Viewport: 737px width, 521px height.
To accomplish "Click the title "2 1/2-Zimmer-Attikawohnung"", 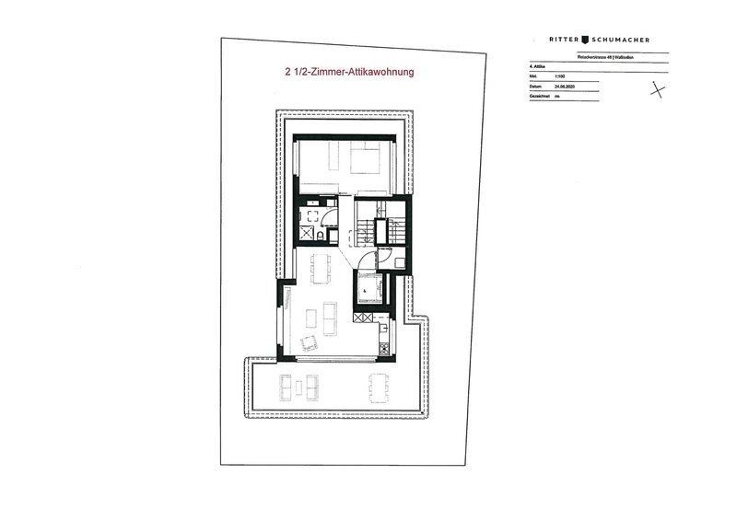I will [347, 69].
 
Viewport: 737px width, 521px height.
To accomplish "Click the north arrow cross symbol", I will [657, 89].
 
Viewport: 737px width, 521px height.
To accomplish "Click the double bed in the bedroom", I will [364, 166].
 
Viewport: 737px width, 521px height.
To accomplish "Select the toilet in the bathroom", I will [317, 238].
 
